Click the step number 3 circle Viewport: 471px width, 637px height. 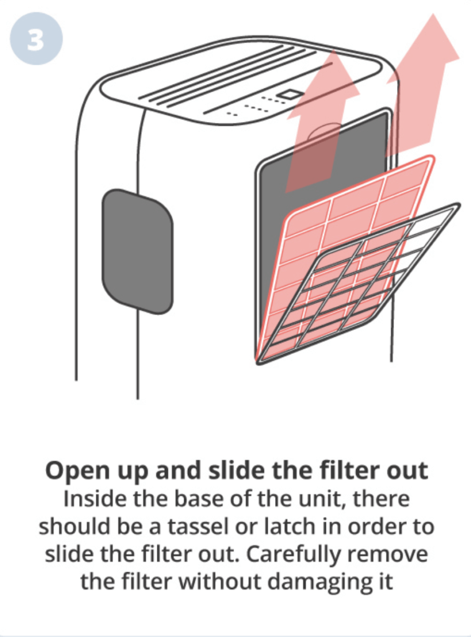36,39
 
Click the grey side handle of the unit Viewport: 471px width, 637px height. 138,251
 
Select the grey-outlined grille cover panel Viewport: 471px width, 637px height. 358,284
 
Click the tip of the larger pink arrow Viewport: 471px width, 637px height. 433,14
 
